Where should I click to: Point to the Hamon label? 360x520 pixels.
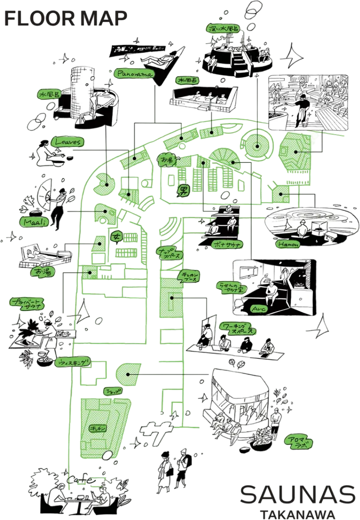(x=287, y=245)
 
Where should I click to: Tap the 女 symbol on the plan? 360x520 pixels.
(x=116, y=237)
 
